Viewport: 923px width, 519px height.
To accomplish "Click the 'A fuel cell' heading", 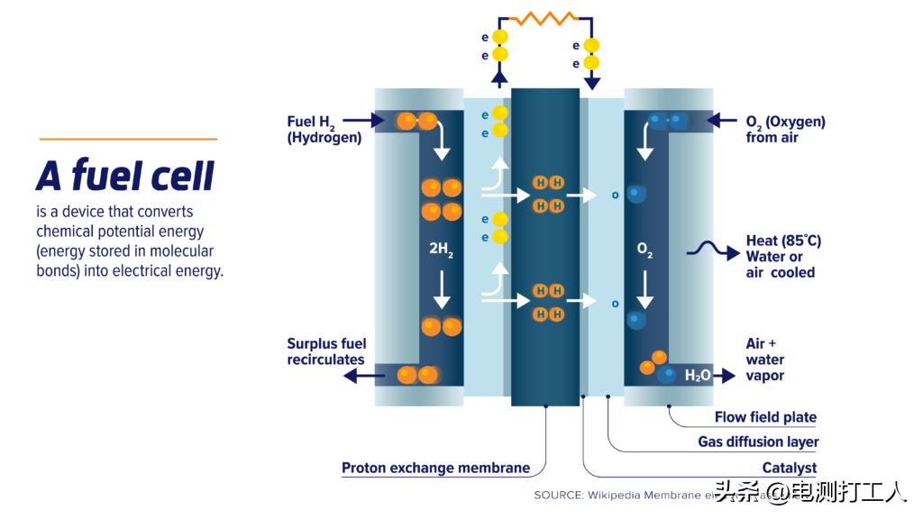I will point(125,176).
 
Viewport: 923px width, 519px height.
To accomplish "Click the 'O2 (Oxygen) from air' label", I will point(785,130).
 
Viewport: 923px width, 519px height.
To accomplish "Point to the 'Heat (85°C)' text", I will point(783,241).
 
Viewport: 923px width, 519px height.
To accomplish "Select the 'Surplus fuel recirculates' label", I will point(325,351).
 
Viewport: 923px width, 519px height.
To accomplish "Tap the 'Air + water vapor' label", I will point(764,360).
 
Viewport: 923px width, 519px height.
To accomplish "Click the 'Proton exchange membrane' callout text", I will point(435,469).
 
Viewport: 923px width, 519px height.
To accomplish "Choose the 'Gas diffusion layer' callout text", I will point(758,442).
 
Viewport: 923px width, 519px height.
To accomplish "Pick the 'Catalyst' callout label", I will point(789,468).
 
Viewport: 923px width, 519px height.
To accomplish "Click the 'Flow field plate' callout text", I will point(765,417).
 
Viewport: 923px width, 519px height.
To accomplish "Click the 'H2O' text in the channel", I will point(698,376).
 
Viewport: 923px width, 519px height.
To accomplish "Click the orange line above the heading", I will point(128,140).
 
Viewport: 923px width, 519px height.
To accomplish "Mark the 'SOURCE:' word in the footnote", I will point(558,495).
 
